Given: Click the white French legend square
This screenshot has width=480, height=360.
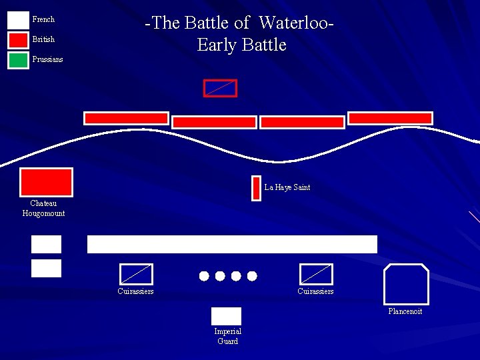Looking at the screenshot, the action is click(x=18, y=20).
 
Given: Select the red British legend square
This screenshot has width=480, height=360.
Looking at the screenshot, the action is click(x=18, y=40).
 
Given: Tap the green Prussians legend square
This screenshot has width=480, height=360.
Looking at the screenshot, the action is click(x=18, y=60).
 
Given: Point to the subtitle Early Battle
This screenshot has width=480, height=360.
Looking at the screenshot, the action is click(x=241, y=45).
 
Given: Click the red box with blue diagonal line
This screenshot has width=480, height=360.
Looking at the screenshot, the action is click(x=220, y=88).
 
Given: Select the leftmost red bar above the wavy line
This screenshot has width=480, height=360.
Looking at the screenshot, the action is click(x=126, y=118).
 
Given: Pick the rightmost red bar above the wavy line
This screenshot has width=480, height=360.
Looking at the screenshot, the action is click(x=390, y=118).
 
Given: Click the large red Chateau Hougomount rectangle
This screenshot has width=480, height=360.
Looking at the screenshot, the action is click(x=46, y=183).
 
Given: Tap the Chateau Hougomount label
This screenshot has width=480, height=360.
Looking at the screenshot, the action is click(x=43, y=208).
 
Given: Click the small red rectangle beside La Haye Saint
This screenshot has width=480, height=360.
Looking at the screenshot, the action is click(x=256, y=188).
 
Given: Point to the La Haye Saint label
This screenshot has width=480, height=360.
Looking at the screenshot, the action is click(x=287, y=187).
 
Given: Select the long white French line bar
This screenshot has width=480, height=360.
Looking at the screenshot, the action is click(x=232, y=244).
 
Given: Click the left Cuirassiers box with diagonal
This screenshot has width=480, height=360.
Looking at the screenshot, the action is click(x=136, y=274).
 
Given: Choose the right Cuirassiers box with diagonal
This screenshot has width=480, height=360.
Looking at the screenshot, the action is click(x=316, y=274).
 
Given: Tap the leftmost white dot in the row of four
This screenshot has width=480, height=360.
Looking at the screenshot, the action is click(x=204, y=276).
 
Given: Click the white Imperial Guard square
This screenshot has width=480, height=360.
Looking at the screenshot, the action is click(x=226, y=316).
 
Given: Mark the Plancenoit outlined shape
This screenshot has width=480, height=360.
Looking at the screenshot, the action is click(x=406, y=285).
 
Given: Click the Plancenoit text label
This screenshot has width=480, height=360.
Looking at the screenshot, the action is click(x=405, y=311).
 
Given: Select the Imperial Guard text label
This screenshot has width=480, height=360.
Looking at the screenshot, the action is click(x=227, y=336).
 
